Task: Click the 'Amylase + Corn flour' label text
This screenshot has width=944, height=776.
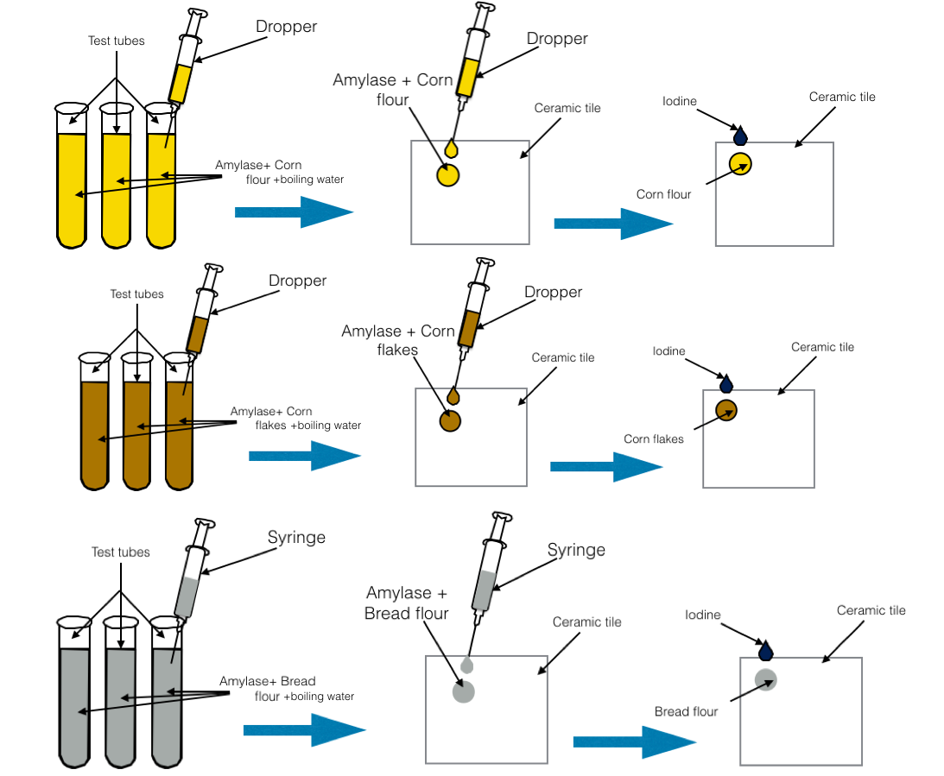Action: [x=393, y=90]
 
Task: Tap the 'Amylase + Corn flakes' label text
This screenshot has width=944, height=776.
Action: [x=397, y=340]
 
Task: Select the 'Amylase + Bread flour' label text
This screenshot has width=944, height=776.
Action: [x=407, y=603]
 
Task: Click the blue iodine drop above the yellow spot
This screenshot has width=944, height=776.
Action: [x=740, y=136]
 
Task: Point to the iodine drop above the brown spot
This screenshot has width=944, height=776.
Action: [x=726, y=385]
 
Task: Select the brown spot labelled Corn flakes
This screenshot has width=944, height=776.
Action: [x=725, y=411]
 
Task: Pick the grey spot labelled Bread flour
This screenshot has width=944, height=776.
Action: [x=765, y=679]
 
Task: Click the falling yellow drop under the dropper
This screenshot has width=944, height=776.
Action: [x=451, y=148]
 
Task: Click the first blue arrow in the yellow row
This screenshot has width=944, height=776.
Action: [x=294, y=211]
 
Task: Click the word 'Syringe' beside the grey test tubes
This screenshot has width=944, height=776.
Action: [x=296, y=538]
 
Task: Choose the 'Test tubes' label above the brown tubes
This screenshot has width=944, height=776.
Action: [x=136, y=294]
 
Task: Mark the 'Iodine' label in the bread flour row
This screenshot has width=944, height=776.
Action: [x=703, y=615]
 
